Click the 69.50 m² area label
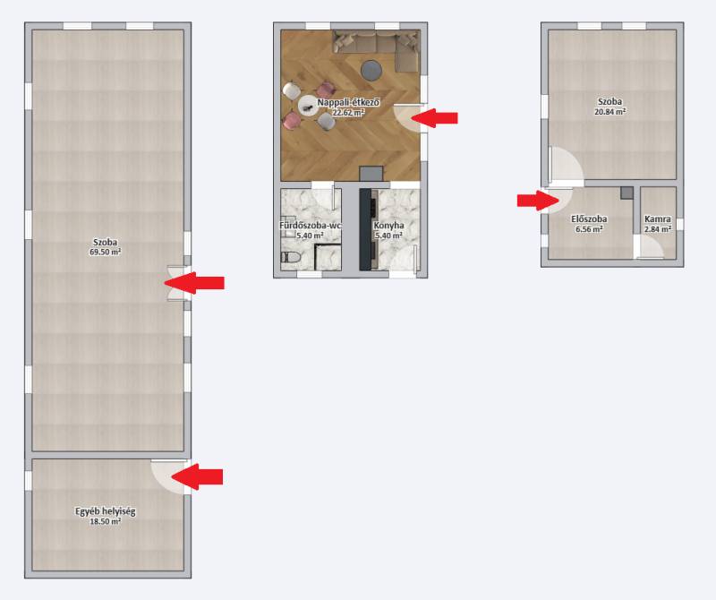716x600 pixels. coord(106,252)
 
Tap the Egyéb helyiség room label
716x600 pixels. coord(106,511)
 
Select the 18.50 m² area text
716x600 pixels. coord(106,521)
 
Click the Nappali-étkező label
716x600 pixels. coord(348,102)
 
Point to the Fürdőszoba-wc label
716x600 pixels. coord(311,226)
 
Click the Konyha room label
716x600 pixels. coord(388,226)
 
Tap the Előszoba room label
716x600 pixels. coord(589,219)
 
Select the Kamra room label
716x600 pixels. coord(658,219)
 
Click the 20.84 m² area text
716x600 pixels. coord(610,112)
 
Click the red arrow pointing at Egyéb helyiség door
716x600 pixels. coord(197,476)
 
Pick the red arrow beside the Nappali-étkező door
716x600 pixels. coord(434,117)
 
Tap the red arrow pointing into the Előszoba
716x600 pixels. coord(538,201)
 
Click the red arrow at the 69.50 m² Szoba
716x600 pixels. coord(194,283)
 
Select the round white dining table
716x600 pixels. coord(308,107)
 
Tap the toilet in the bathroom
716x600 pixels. coord(290,257)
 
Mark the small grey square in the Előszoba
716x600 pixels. coord(627,193)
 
